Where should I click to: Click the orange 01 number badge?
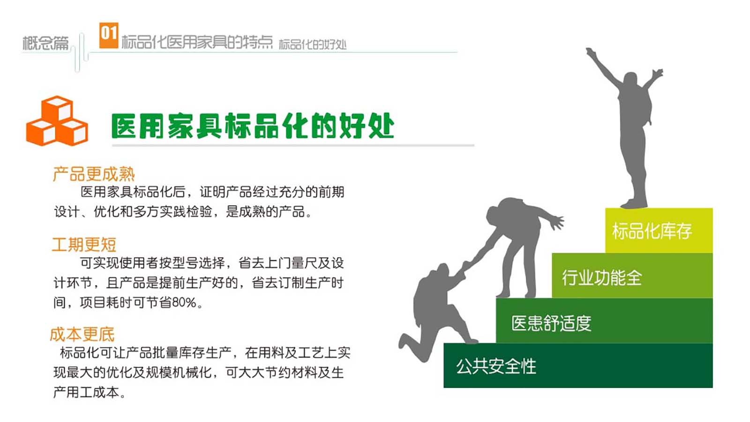(109, 35)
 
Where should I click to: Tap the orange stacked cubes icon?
(57, 121)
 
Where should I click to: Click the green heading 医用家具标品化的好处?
(253, 126)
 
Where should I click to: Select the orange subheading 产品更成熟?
(94, 174)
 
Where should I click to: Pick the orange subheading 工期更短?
(84, 244)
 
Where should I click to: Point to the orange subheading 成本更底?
(82, 334)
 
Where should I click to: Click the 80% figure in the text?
(184, 302)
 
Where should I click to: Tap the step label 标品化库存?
(652, 231)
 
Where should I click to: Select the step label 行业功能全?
(602, 278)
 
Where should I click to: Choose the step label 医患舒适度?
(551, 323)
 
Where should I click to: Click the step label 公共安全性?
(496, 366)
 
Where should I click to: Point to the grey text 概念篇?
(45, 43)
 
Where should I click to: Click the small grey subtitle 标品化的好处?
(313, 44)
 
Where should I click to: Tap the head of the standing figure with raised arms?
(631, 80)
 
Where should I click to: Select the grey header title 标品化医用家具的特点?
(197, 42)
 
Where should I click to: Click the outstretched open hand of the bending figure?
(556, 222)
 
